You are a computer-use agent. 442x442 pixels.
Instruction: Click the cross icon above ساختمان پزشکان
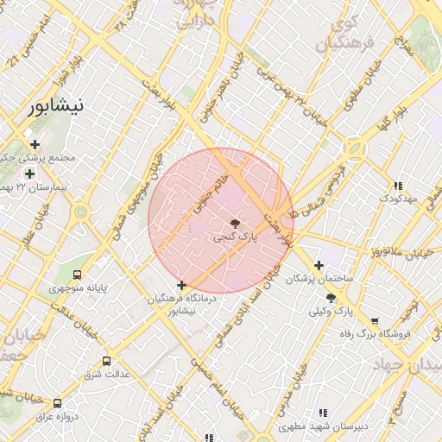coord(319,265)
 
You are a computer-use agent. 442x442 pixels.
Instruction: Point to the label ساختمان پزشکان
coord(320,280)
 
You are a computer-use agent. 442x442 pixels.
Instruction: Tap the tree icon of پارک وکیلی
coord(331,297)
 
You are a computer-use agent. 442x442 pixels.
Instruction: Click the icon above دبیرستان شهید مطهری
coord(323,413)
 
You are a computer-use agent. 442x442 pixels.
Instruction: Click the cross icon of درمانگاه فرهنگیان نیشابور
coord(181,285)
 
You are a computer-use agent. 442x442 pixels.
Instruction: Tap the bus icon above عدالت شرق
coord(106,361)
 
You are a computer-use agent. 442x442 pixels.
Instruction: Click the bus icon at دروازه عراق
coord(58,402)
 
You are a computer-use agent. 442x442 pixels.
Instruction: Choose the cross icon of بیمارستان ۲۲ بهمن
coord(29,174)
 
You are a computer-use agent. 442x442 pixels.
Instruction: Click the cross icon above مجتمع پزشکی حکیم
coord(35,144)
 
